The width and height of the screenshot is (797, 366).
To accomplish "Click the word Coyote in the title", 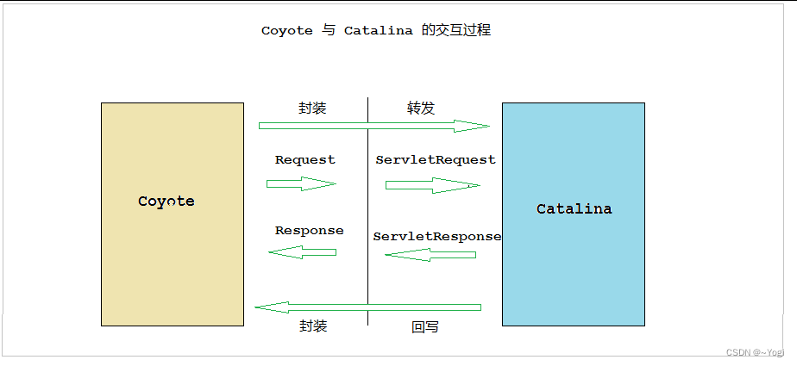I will [x=286, y=31].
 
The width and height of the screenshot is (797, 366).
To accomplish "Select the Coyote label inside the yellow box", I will [x=166, y=202].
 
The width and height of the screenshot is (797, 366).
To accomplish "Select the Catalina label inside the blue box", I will [x=574, y=209].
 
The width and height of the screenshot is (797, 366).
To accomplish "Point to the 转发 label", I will [x=421, y=109].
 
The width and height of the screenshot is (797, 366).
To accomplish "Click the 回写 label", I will [x=425, y=327].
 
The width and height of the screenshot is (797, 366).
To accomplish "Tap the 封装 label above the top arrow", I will [x=312, y=109].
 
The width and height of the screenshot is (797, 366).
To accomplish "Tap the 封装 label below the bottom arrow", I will [x=313, y=326].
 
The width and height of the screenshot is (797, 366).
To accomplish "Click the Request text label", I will [x=305, y=160].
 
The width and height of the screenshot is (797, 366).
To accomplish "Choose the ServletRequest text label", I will [x=436, y=160].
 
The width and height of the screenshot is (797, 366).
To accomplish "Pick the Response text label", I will [x=309, y=231].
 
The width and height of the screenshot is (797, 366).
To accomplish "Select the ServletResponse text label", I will [x=437, y=236].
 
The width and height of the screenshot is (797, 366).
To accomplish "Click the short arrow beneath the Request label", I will [x=301, y=183].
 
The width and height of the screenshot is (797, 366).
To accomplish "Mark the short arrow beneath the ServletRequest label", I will [x=432, y=185].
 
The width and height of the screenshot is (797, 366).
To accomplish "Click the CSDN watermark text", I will [x=755, y=352].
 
